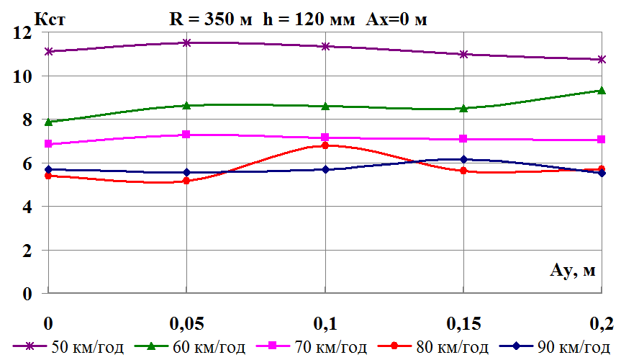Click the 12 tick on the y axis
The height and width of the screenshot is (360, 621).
pos(22,32)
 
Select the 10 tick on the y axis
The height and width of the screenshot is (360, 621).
pos(22,76)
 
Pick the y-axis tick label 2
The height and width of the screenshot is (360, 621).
pos(27,251)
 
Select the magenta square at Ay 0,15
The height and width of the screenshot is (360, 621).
pos(464,139)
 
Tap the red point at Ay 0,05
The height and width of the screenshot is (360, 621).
pos(186,181)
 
